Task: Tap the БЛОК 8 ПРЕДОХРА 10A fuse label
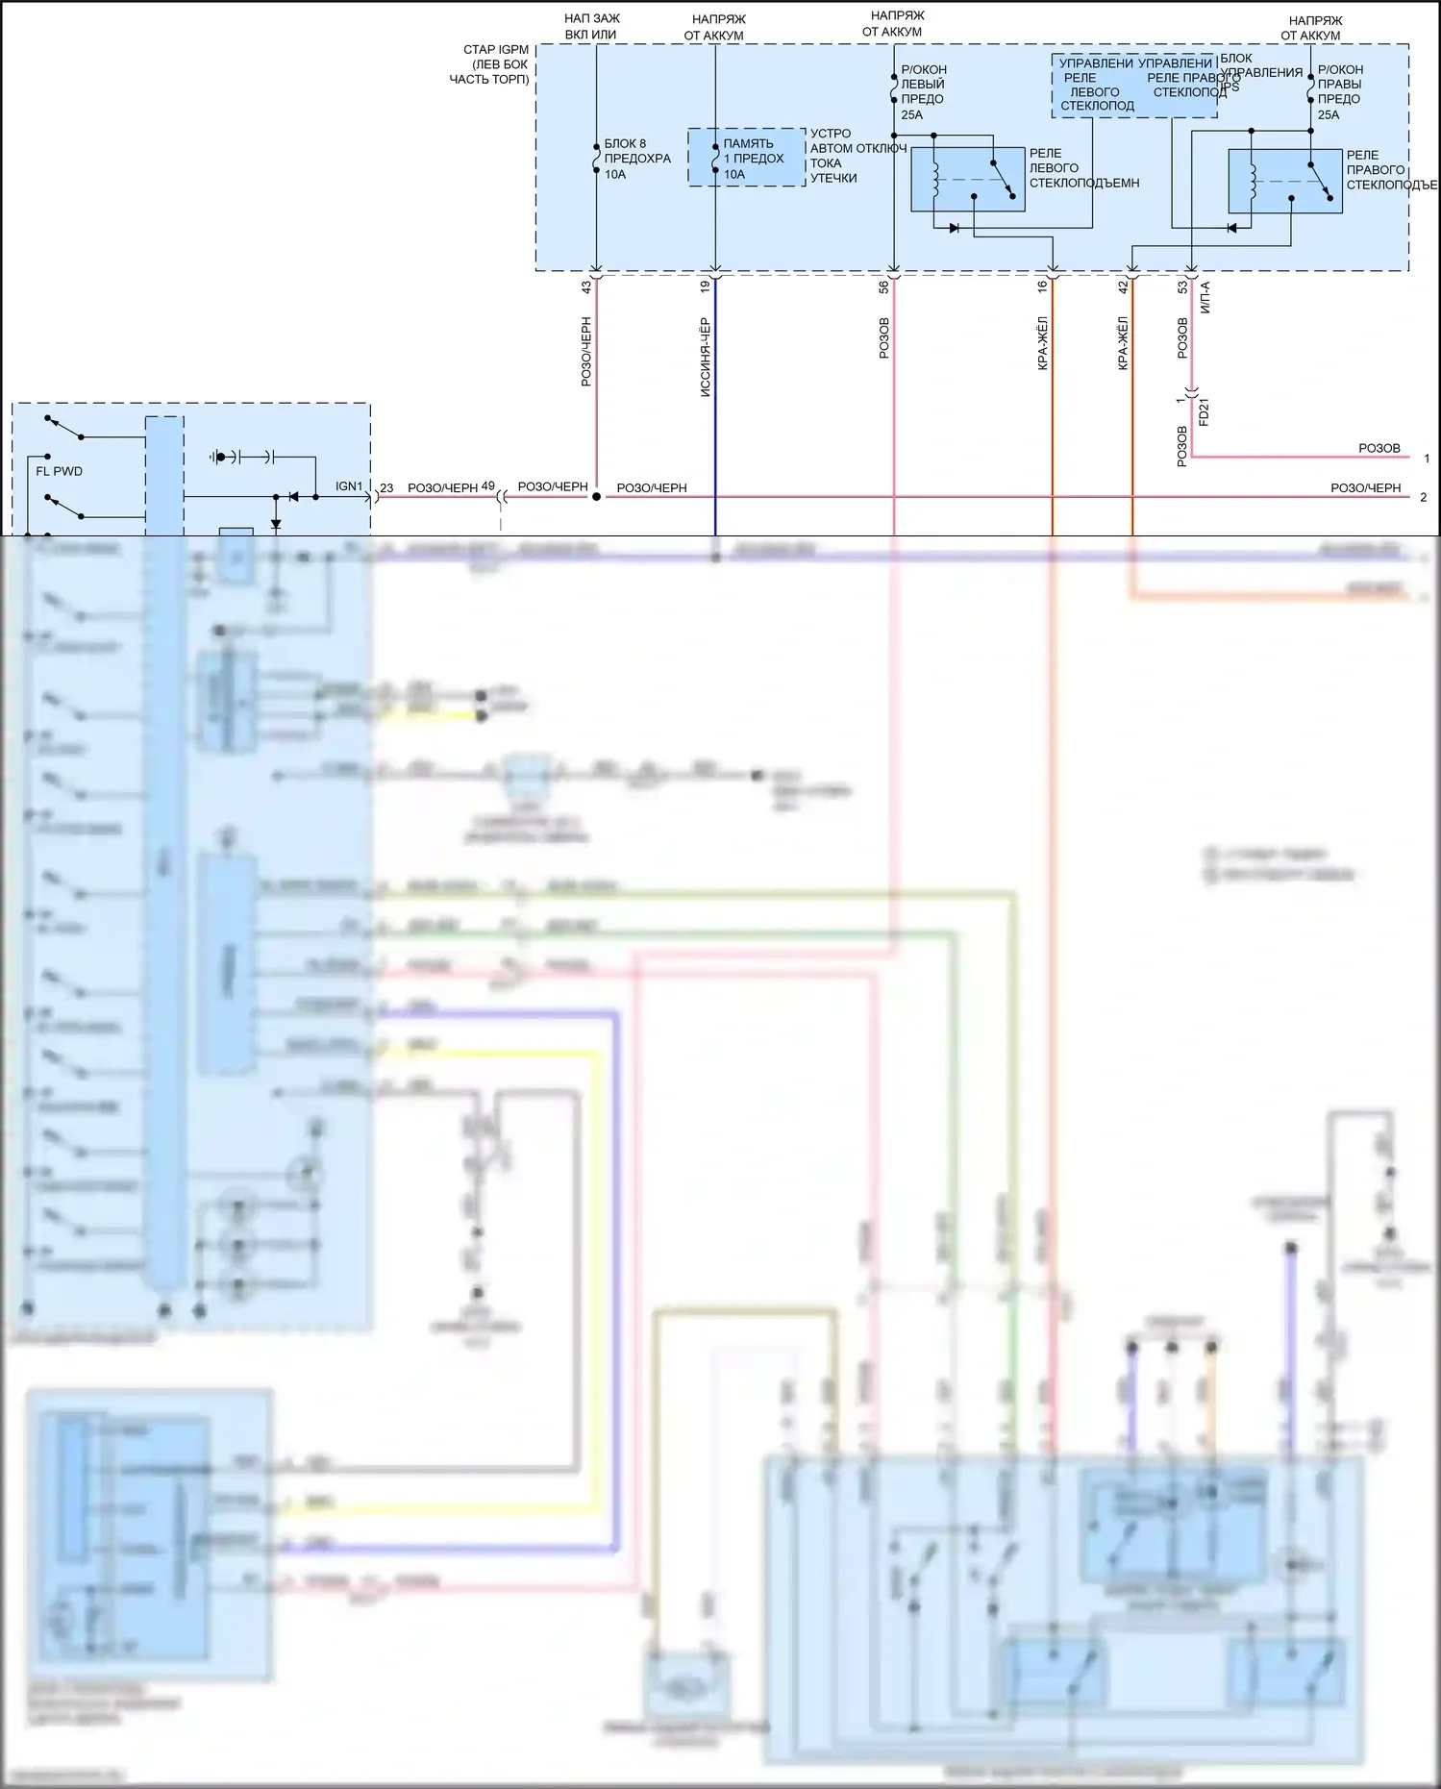[636, 159]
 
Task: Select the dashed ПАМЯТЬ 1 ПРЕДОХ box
[747, 157]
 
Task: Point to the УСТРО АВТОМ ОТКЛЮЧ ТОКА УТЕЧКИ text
[857, 156]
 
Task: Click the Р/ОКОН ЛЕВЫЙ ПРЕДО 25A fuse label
[923, 92]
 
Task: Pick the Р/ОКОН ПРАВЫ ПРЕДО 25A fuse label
[1339, 92]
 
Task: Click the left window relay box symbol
[967, 179]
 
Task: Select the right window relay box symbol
[1285, 181]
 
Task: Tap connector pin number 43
[586, 286]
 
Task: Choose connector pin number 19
[706, 286]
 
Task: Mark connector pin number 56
[884, 286]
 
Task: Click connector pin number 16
[1043, 286]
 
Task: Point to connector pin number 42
[1123, 286]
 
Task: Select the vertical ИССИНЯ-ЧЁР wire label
[706, 357]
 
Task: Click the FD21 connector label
[1204, 412]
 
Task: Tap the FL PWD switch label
[59, 471]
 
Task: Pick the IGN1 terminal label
[349, 486]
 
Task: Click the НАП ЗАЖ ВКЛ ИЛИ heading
[591, 27]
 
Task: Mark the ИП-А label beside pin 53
[1205, 297]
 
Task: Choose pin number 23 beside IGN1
[386, 488]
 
